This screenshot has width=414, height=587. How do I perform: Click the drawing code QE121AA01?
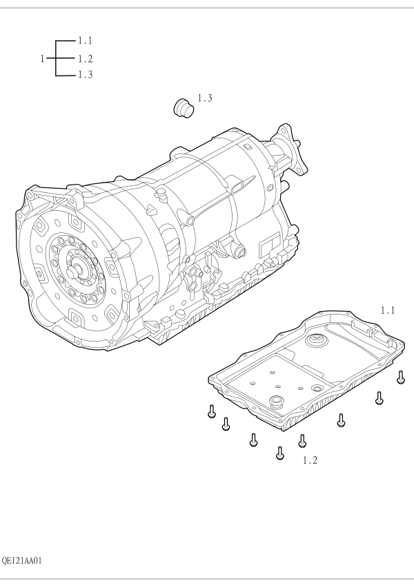(21, 561)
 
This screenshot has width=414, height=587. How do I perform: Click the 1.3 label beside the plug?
(205, 98)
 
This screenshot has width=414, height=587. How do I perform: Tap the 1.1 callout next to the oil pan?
(388, 310)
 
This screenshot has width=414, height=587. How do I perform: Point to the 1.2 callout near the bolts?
(310, 460)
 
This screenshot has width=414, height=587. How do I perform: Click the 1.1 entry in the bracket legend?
(85, 40)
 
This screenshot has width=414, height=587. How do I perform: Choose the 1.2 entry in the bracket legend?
(85, 59)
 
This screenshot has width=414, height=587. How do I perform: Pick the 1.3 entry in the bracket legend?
(85, 75)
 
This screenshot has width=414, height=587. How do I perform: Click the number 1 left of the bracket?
(42, 59)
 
